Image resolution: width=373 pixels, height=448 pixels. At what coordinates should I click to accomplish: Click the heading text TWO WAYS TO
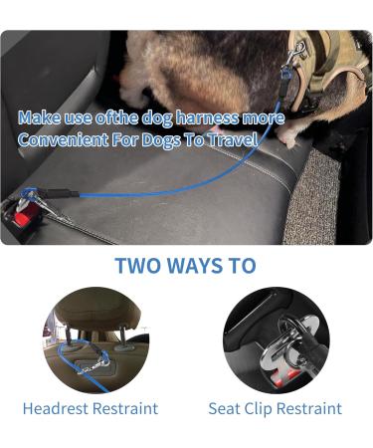[185, 266]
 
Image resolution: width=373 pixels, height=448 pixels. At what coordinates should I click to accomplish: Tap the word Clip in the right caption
[260, 408]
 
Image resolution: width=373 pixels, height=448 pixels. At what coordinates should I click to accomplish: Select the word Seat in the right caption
[224, 408]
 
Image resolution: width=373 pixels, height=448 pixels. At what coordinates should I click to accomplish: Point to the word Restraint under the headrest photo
[126, 408]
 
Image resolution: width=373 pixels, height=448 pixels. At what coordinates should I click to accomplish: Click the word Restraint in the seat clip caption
[310, 408]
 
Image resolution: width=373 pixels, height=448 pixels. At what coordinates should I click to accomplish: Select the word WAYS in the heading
[187, 266]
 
